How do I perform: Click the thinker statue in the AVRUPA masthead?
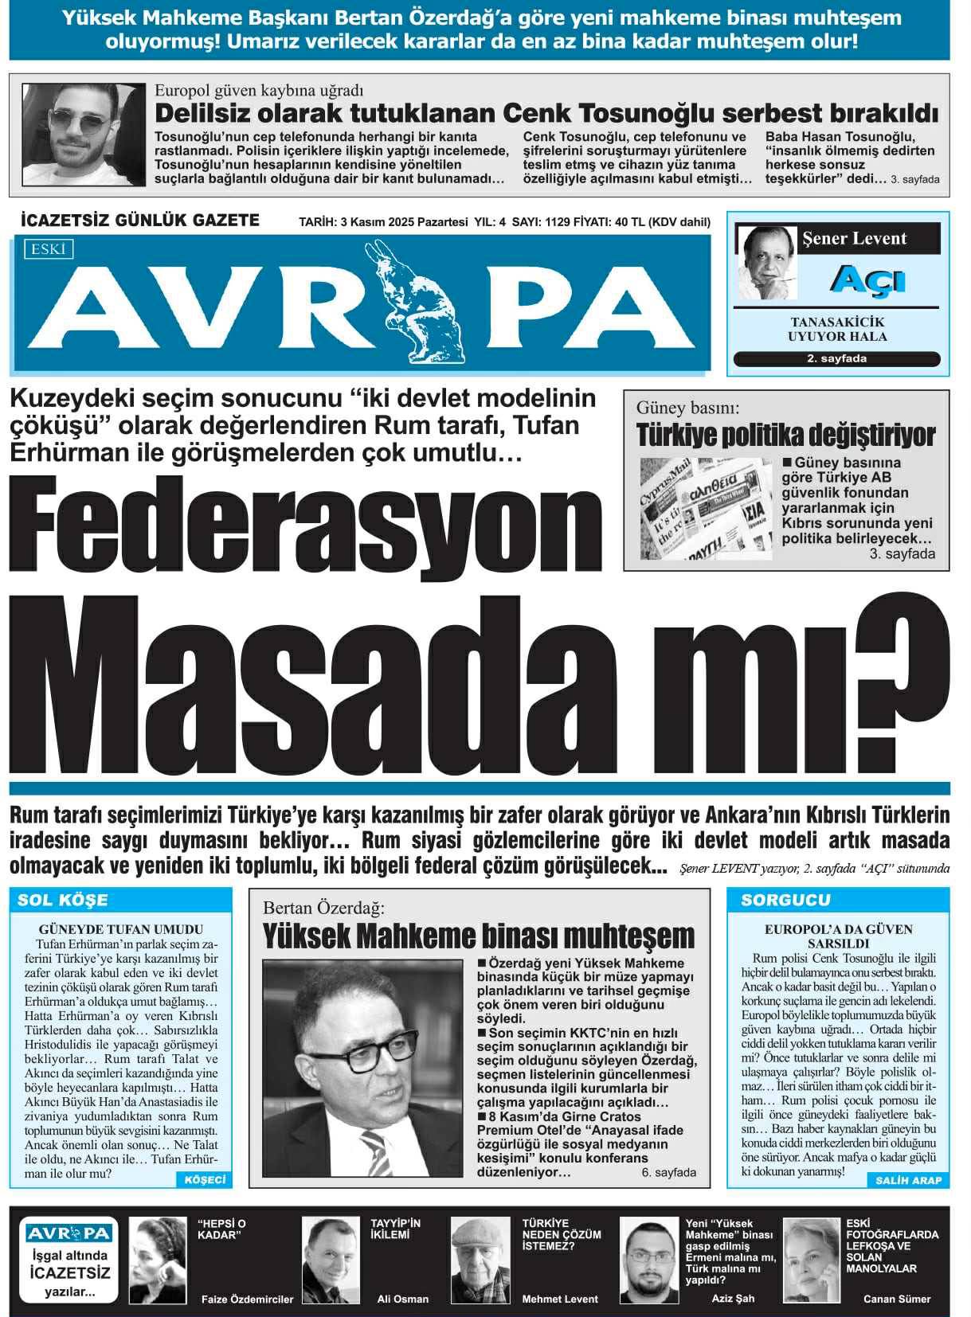tap(419, 303)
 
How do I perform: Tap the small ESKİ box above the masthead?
tap(49, 250)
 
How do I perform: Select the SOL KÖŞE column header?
tap(63, 900)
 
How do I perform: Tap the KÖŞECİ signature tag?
tap(204, 1179)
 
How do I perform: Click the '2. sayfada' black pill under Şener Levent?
tap(836, 358)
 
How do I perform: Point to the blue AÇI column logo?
tap(855, 280)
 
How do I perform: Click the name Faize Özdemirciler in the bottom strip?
tap(247, 1299)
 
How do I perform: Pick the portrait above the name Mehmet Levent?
tap(480, 1258)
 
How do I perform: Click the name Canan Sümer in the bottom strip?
tap(897, 1299)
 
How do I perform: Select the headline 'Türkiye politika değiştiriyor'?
tap(785, 436)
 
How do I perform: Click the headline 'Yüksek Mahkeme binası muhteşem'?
tap(479, 936)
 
